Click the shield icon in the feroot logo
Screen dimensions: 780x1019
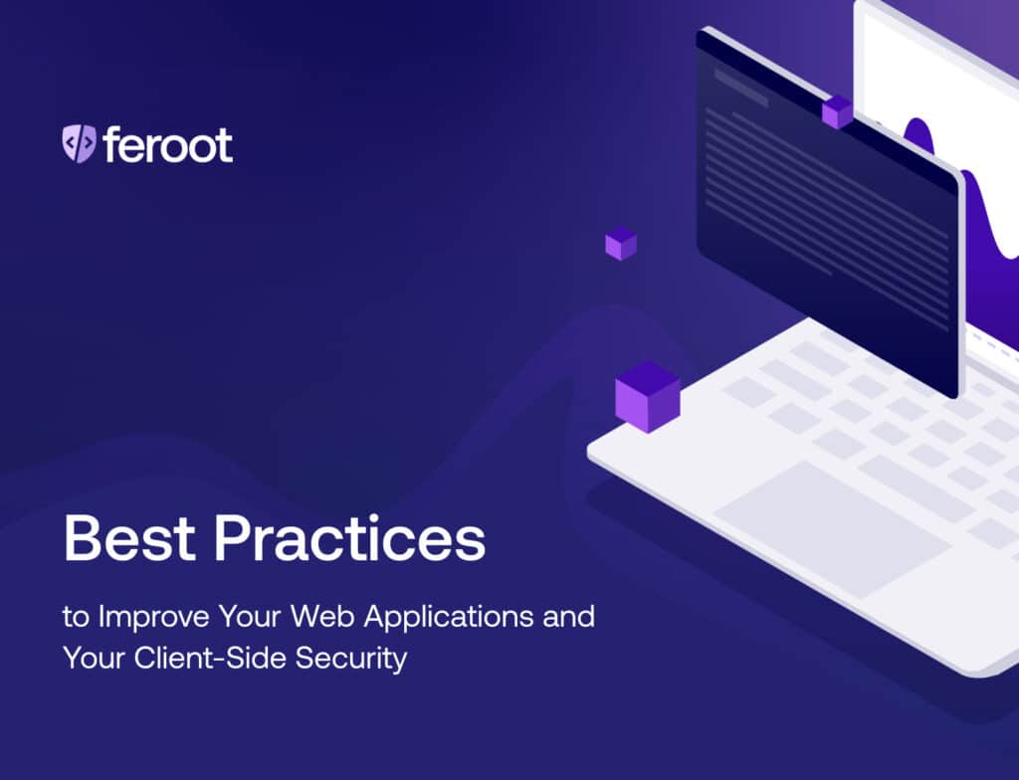click(79, 144)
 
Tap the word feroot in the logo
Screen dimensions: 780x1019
click(167, 144)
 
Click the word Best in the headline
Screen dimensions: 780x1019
click(127, 539)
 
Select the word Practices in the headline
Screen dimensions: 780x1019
click(349, 539)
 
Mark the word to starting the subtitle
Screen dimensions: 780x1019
click(75, 617)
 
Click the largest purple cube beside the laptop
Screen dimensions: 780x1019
click(647, 396)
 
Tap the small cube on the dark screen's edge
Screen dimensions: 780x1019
click(837, 111)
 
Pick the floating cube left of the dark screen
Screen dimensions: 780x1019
click(621, 244)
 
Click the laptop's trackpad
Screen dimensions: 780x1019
click(831, 528)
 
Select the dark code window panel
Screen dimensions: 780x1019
click(826, 209)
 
